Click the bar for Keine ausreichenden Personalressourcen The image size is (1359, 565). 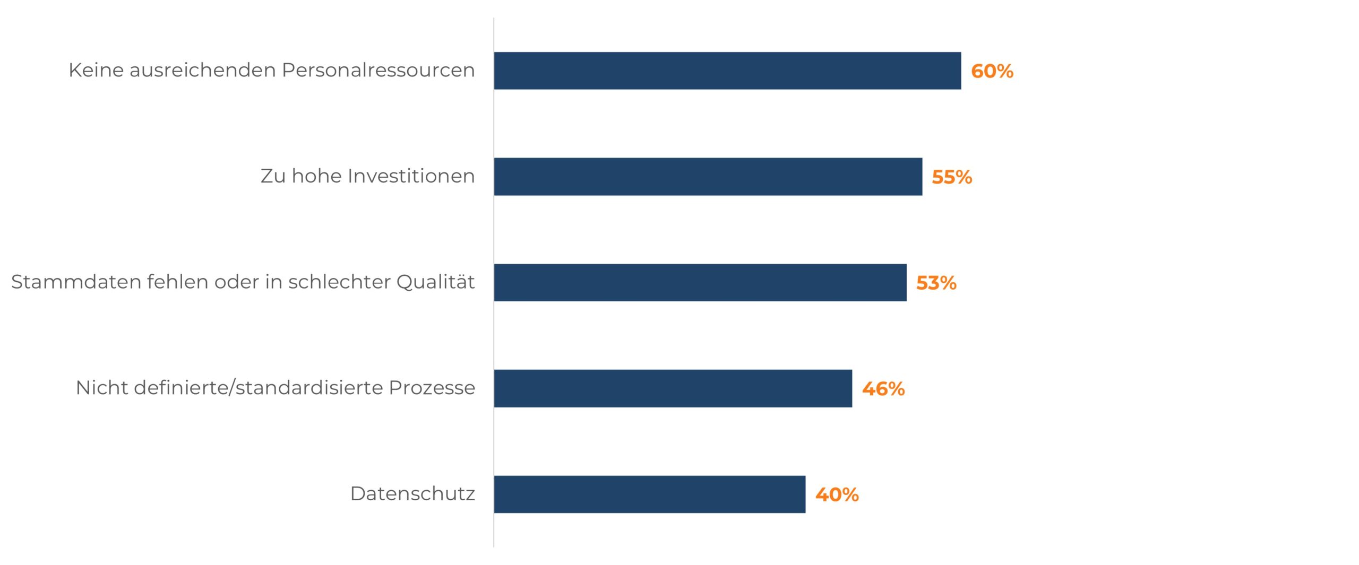[727, 71]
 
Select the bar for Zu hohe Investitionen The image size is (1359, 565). [708, 177]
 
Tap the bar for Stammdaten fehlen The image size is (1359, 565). [700, 282]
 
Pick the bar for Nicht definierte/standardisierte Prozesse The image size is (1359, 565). [673, 388]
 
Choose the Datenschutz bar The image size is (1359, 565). [649, 494]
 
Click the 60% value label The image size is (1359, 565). [992, 71]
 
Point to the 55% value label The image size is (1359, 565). [951, 177]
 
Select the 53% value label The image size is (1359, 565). [936, 283]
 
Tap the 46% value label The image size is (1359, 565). [883, 389]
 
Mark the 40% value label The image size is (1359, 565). [837, 494]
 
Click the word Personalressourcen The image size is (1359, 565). [378, 70]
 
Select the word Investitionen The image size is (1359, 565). [411, 176]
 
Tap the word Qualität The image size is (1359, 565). [435, 282]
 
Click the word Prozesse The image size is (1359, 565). [432, 388]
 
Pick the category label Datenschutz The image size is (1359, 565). [412, 494]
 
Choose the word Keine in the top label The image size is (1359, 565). [96, 70]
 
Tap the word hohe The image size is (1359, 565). [316, 176]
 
